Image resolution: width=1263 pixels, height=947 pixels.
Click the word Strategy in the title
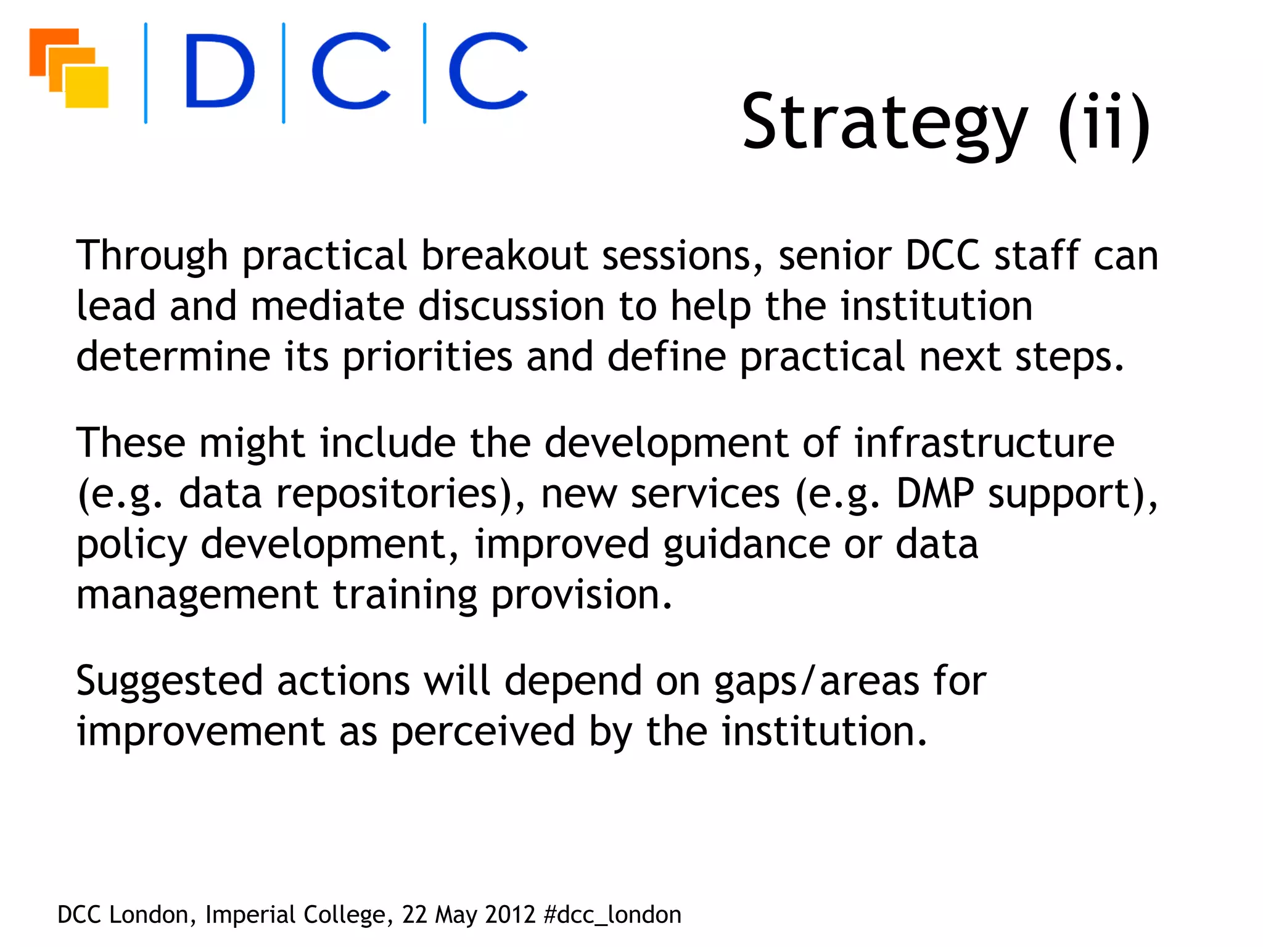(x=884, y=123)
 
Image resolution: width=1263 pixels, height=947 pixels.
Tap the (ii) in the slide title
(x=1105, y=123)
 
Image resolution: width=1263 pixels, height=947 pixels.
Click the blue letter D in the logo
(x=220, y=72)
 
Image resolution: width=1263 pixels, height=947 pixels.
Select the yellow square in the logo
(x=88, y=87)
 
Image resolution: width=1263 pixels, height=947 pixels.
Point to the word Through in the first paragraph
(x=152, y=256)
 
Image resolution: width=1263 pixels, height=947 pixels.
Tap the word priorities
(x=427, y=358)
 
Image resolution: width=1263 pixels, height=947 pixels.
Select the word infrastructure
(x=984, y=443)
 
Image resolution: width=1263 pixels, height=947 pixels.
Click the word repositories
(x=395, y=494)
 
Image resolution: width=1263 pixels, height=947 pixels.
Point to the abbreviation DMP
(x=934, y=494)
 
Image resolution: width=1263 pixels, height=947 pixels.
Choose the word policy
(x=131, y=546)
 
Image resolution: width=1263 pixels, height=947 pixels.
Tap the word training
(x=405, y=596)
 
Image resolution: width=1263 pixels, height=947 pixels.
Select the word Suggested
(x=169, y=683)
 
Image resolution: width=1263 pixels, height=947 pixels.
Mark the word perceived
(x=483, y=733)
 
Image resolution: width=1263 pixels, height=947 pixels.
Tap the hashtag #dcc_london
(x=612, y=915)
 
